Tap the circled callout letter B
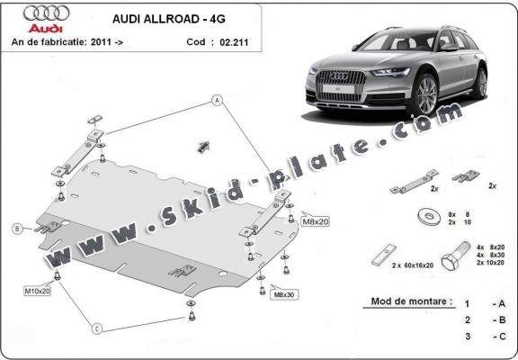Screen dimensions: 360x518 (x=17, y=229)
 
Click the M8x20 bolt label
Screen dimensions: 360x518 (x=316, y=221)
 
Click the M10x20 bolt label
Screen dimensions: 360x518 (x=37, y=292)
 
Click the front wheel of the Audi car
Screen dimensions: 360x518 (x=425, y=95)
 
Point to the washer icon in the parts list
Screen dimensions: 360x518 (x=424, y=215)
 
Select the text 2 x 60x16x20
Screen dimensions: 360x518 (x=412, y=267)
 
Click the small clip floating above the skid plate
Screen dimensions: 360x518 (x=204, y=144)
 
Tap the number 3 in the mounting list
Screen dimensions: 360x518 (x=467, y=336)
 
